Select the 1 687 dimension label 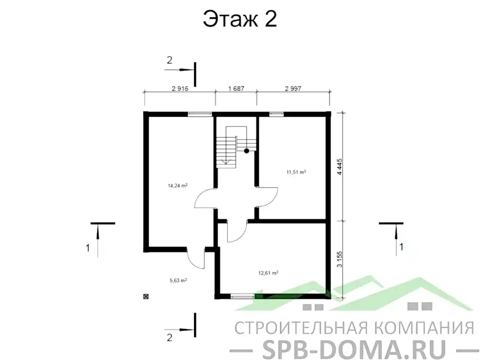pos(236,88)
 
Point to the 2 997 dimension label pos(293,88)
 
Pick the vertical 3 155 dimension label pos(340,260)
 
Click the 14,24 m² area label pos(178,186)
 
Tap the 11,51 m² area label pos(296,172)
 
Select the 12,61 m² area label pos(269,272)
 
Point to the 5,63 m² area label pos(178,281)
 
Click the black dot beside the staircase pos(247,151)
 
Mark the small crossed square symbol pos(146,296)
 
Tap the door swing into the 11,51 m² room pos(268,197)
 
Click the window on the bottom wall pos(243,296)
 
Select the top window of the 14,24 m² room pos(199,113)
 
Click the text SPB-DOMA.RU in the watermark pos(341,348)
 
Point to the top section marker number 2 pos(170,60)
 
